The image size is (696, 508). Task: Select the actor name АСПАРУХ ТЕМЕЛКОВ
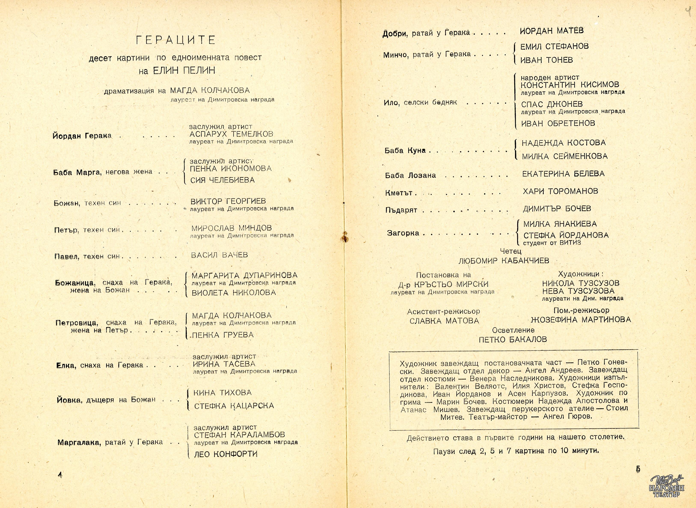[231, 134]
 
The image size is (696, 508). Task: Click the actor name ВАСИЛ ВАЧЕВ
[219, 255]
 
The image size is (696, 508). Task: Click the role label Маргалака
[79, 443]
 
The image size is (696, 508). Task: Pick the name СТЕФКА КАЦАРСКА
[234, 406]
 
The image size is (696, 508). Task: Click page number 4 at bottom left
[60, 474]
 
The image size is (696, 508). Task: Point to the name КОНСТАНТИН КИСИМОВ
[570, 85]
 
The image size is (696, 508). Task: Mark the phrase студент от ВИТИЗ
[552, 243]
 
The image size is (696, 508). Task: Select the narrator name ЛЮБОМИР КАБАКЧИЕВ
[504, 261]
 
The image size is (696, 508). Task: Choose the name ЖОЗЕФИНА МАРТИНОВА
[581, 320]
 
